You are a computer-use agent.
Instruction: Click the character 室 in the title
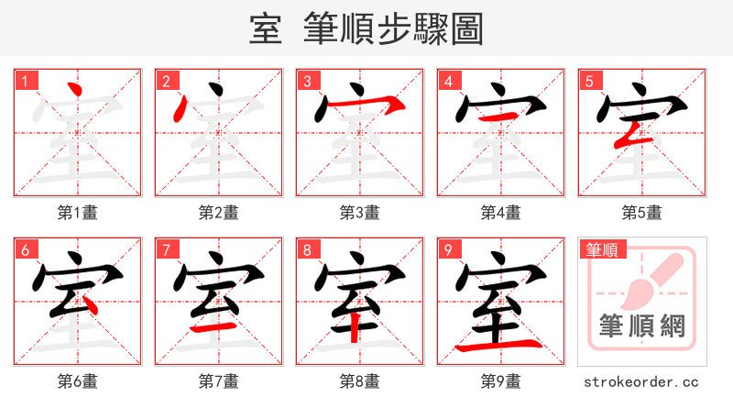coord(265,30)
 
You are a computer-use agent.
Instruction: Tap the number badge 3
coord(309,82)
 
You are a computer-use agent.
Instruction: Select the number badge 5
coord(591,82)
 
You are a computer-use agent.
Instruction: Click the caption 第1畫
coord(78,213)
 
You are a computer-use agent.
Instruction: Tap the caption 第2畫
coord(219,213)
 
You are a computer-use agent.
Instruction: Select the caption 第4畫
coord(501,213)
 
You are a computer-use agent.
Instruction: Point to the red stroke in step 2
coord(181,109)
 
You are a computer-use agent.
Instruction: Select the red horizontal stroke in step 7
coord(215,326)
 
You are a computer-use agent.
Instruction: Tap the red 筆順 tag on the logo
coord(601,249)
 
